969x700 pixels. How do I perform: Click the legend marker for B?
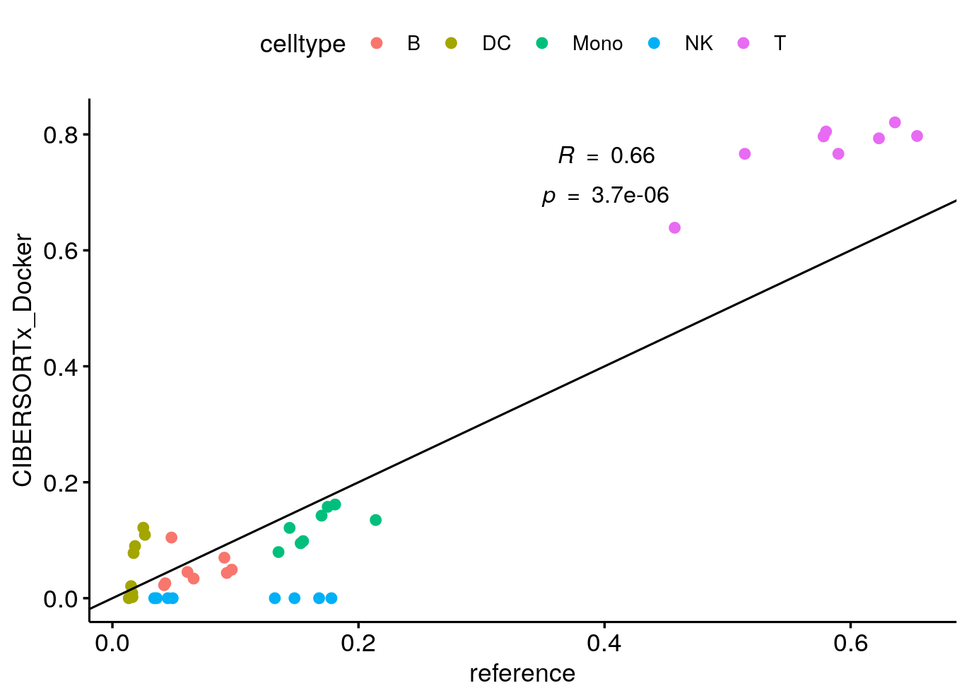[x=377, y=43]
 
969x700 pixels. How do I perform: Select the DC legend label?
[x=496, y=43]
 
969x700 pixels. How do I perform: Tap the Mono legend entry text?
[x=597, y=43]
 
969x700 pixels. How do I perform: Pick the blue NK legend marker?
[x=654, y=43]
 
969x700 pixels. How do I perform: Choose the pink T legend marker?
[x=744, y=43]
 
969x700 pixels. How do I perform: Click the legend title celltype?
[x=303, y=44]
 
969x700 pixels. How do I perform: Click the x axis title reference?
[x=522, y=674]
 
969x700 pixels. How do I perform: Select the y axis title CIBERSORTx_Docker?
[x=23, y=360]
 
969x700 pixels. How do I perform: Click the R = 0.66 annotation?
[x=606, y=155]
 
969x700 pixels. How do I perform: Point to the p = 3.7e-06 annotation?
[x=605, y=196]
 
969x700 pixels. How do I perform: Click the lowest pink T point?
[x=674, y=227]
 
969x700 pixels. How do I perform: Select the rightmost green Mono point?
[x=375, y=520]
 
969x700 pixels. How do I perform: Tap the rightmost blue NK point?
[x=331, y=598]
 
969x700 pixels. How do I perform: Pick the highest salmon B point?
[x=171, y=538]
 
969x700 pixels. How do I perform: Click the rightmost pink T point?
[x=917, y=136]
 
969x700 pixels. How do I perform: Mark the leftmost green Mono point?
[x=278, y=552]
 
